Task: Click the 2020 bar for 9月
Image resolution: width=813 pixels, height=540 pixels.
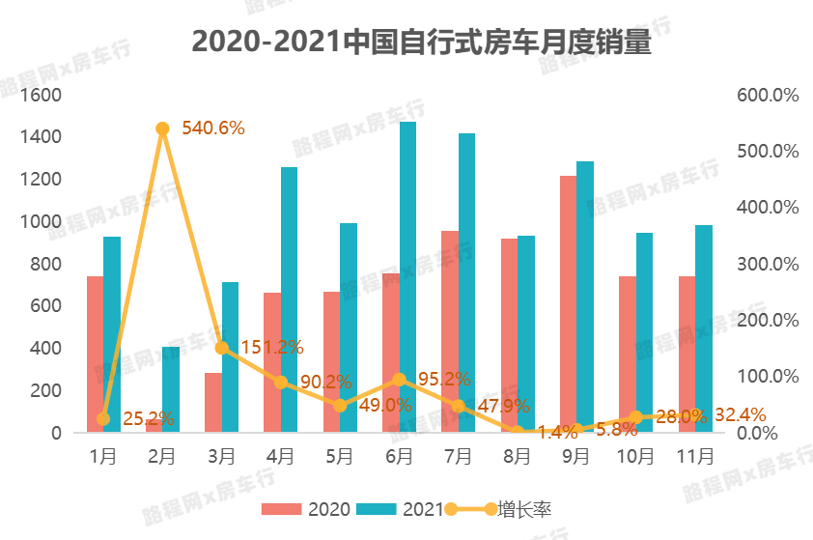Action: pyautogui.click(x=568, y=304)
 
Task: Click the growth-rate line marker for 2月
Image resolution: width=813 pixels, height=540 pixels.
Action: pyautogui.click(x=162, y=128)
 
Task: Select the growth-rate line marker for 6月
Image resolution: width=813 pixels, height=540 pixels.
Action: pyautogui.click(x=399, y=380)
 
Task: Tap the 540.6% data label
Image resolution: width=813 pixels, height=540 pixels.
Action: pyautogui.click(x=213, y=128)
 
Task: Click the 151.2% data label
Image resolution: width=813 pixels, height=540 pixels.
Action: pyautogui.click(x=272, y=347)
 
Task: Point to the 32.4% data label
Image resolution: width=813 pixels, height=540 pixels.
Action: pyautogui.click(x=740, y=414)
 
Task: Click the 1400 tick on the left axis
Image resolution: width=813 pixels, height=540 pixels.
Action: pyautogui.click(x=42, y=137)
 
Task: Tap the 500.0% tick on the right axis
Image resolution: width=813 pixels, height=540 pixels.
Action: pyautogui.click(x=768, y=152)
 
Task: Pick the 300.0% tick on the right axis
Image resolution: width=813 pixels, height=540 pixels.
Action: pyautogui.click(x=768, y=264)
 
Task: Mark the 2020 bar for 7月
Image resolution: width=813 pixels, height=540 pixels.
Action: pyautogui.click(x=450, y=331)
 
